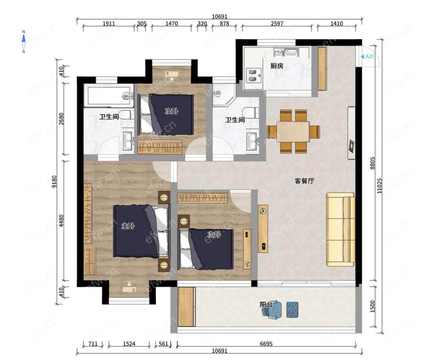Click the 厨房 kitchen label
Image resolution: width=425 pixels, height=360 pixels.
277,66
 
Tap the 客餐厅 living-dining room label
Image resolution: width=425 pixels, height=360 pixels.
304,181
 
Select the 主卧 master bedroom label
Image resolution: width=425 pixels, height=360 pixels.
128,226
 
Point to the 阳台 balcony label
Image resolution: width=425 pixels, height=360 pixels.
266,304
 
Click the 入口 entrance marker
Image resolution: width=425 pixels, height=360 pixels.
367,57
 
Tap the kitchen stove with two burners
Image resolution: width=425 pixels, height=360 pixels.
254,75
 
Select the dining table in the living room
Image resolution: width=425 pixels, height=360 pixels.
293,131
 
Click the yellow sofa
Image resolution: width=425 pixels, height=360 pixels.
341,230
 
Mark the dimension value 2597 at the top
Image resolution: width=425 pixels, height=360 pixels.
277,23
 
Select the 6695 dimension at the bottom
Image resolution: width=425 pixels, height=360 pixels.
266,344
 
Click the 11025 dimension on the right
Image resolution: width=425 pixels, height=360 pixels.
380,186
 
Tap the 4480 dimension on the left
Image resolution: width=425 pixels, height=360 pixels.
62,221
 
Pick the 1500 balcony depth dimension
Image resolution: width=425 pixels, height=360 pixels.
372,306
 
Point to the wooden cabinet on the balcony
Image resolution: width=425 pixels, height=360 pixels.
187,306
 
